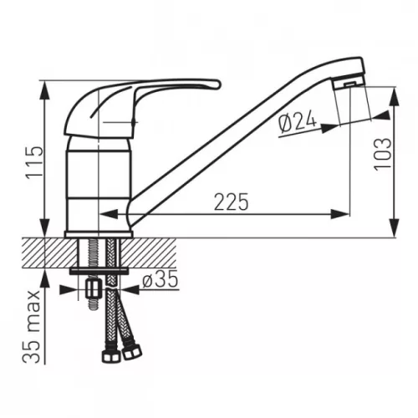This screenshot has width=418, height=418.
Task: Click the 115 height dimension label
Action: pyautogui.click(x=34, y=161)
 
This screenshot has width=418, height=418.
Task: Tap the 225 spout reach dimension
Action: pyautogui.click(x=231, y=201)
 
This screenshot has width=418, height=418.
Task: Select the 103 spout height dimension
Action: pyautogui.click(x=383, y=154)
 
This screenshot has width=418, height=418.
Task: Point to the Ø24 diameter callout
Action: pyautogui.click(x=298, y=123)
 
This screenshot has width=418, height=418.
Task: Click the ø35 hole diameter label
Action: pyautogui.click(x=160, y=279)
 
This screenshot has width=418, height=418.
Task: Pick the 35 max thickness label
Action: pyautogui.click(x=31, y=327)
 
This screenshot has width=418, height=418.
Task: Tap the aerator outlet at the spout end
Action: pyautogui.click(x=350, y=84)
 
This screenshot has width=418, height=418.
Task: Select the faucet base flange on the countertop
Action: pyautogui.click(x=99, y=234)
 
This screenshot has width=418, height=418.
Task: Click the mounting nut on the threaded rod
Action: pyautogui.click(x=93, y=289)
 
